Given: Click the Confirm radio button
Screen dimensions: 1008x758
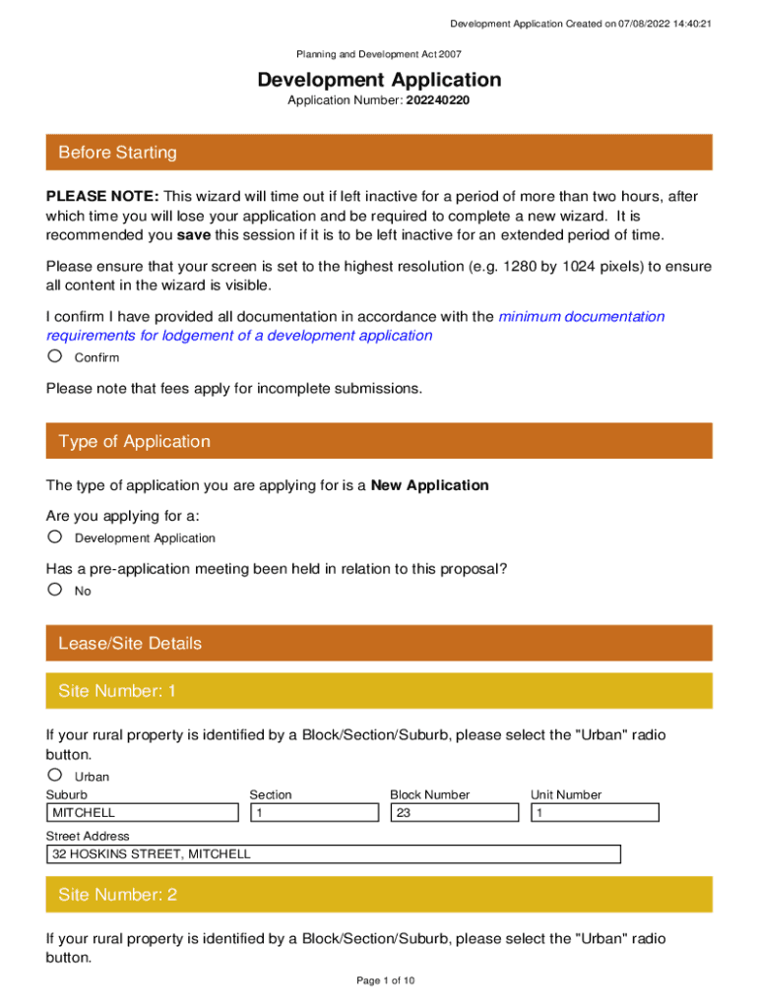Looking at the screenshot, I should click(55, 356).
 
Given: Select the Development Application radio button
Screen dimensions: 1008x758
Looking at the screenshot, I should click(55, 536).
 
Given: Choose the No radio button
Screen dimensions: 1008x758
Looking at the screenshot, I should click(55, 590).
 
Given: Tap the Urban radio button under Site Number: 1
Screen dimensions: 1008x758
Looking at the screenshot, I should click(55, 775).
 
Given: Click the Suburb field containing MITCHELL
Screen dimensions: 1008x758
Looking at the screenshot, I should click(143, 813).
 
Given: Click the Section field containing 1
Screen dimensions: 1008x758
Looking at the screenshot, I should click(314, 813).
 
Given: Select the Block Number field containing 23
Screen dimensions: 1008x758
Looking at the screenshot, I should click(454, 813).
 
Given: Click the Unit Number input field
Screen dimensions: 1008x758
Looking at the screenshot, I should click(595, 813).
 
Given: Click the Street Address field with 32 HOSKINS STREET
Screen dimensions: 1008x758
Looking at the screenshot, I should click(333, 854).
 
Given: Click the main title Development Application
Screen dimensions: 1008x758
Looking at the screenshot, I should click(379, 80).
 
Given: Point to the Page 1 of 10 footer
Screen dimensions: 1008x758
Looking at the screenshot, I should click(379, 980).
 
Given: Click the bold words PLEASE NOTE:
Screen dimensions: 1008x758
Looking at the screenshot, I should click(102, 197).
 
